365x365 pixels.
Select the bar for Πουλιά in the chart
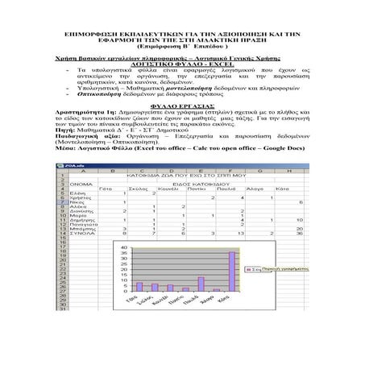(201, 284)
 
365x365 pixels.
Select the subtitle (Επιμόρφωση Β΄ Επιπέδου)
(182, 51)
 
